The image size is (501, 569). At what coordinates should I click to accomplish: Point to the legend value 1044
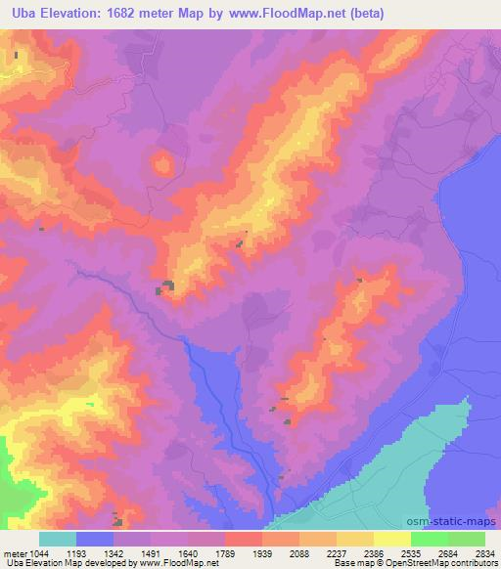[33, 553]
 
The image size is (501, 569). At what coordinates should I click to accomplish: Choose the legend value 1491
[169, 553]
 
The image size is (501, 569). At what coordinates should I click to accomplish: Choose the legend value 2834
[485, 553]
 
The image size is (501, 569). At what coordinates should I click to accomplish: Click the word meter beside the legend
[12, 553]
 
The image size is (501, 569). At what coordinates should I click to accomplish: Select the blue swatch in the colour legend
[95, 539]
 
